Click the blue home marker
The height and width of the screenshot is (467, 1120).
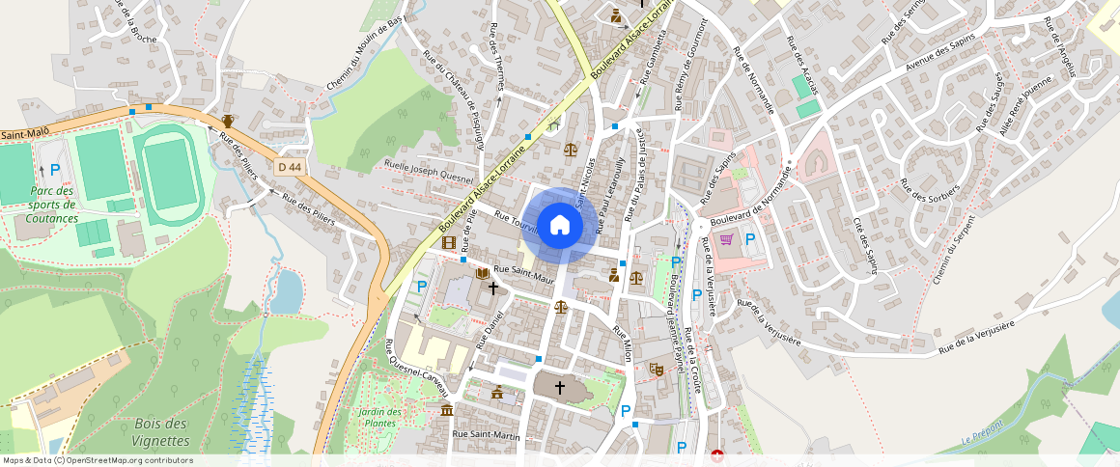(x=559, y=226)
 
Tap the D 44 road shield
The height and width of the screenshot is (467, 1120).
(x=289, y=167)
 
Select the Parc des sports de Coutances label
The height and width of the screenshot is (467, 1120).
(x=52, y=205)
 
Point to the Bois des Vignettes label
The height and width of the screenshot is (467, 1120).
(x=161, y=432)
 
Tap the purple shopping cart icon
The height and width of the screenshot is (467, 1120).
(x=726, y=238)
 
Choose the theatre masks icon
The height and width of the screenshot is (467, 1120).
(x=656, y=369)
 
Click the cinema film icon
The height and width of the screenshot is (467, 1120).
(x=448, y=241)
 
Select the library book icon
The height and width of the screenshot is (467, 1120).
(x=482, y=274)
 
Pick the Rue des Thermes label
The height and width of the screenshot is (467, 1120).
(x=496, y=57)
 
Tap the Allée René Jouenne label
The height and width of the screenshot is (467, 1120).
(x=1025, y=108)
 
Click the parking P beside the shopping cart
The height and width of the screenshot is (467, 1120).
(x=749, y=238)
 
